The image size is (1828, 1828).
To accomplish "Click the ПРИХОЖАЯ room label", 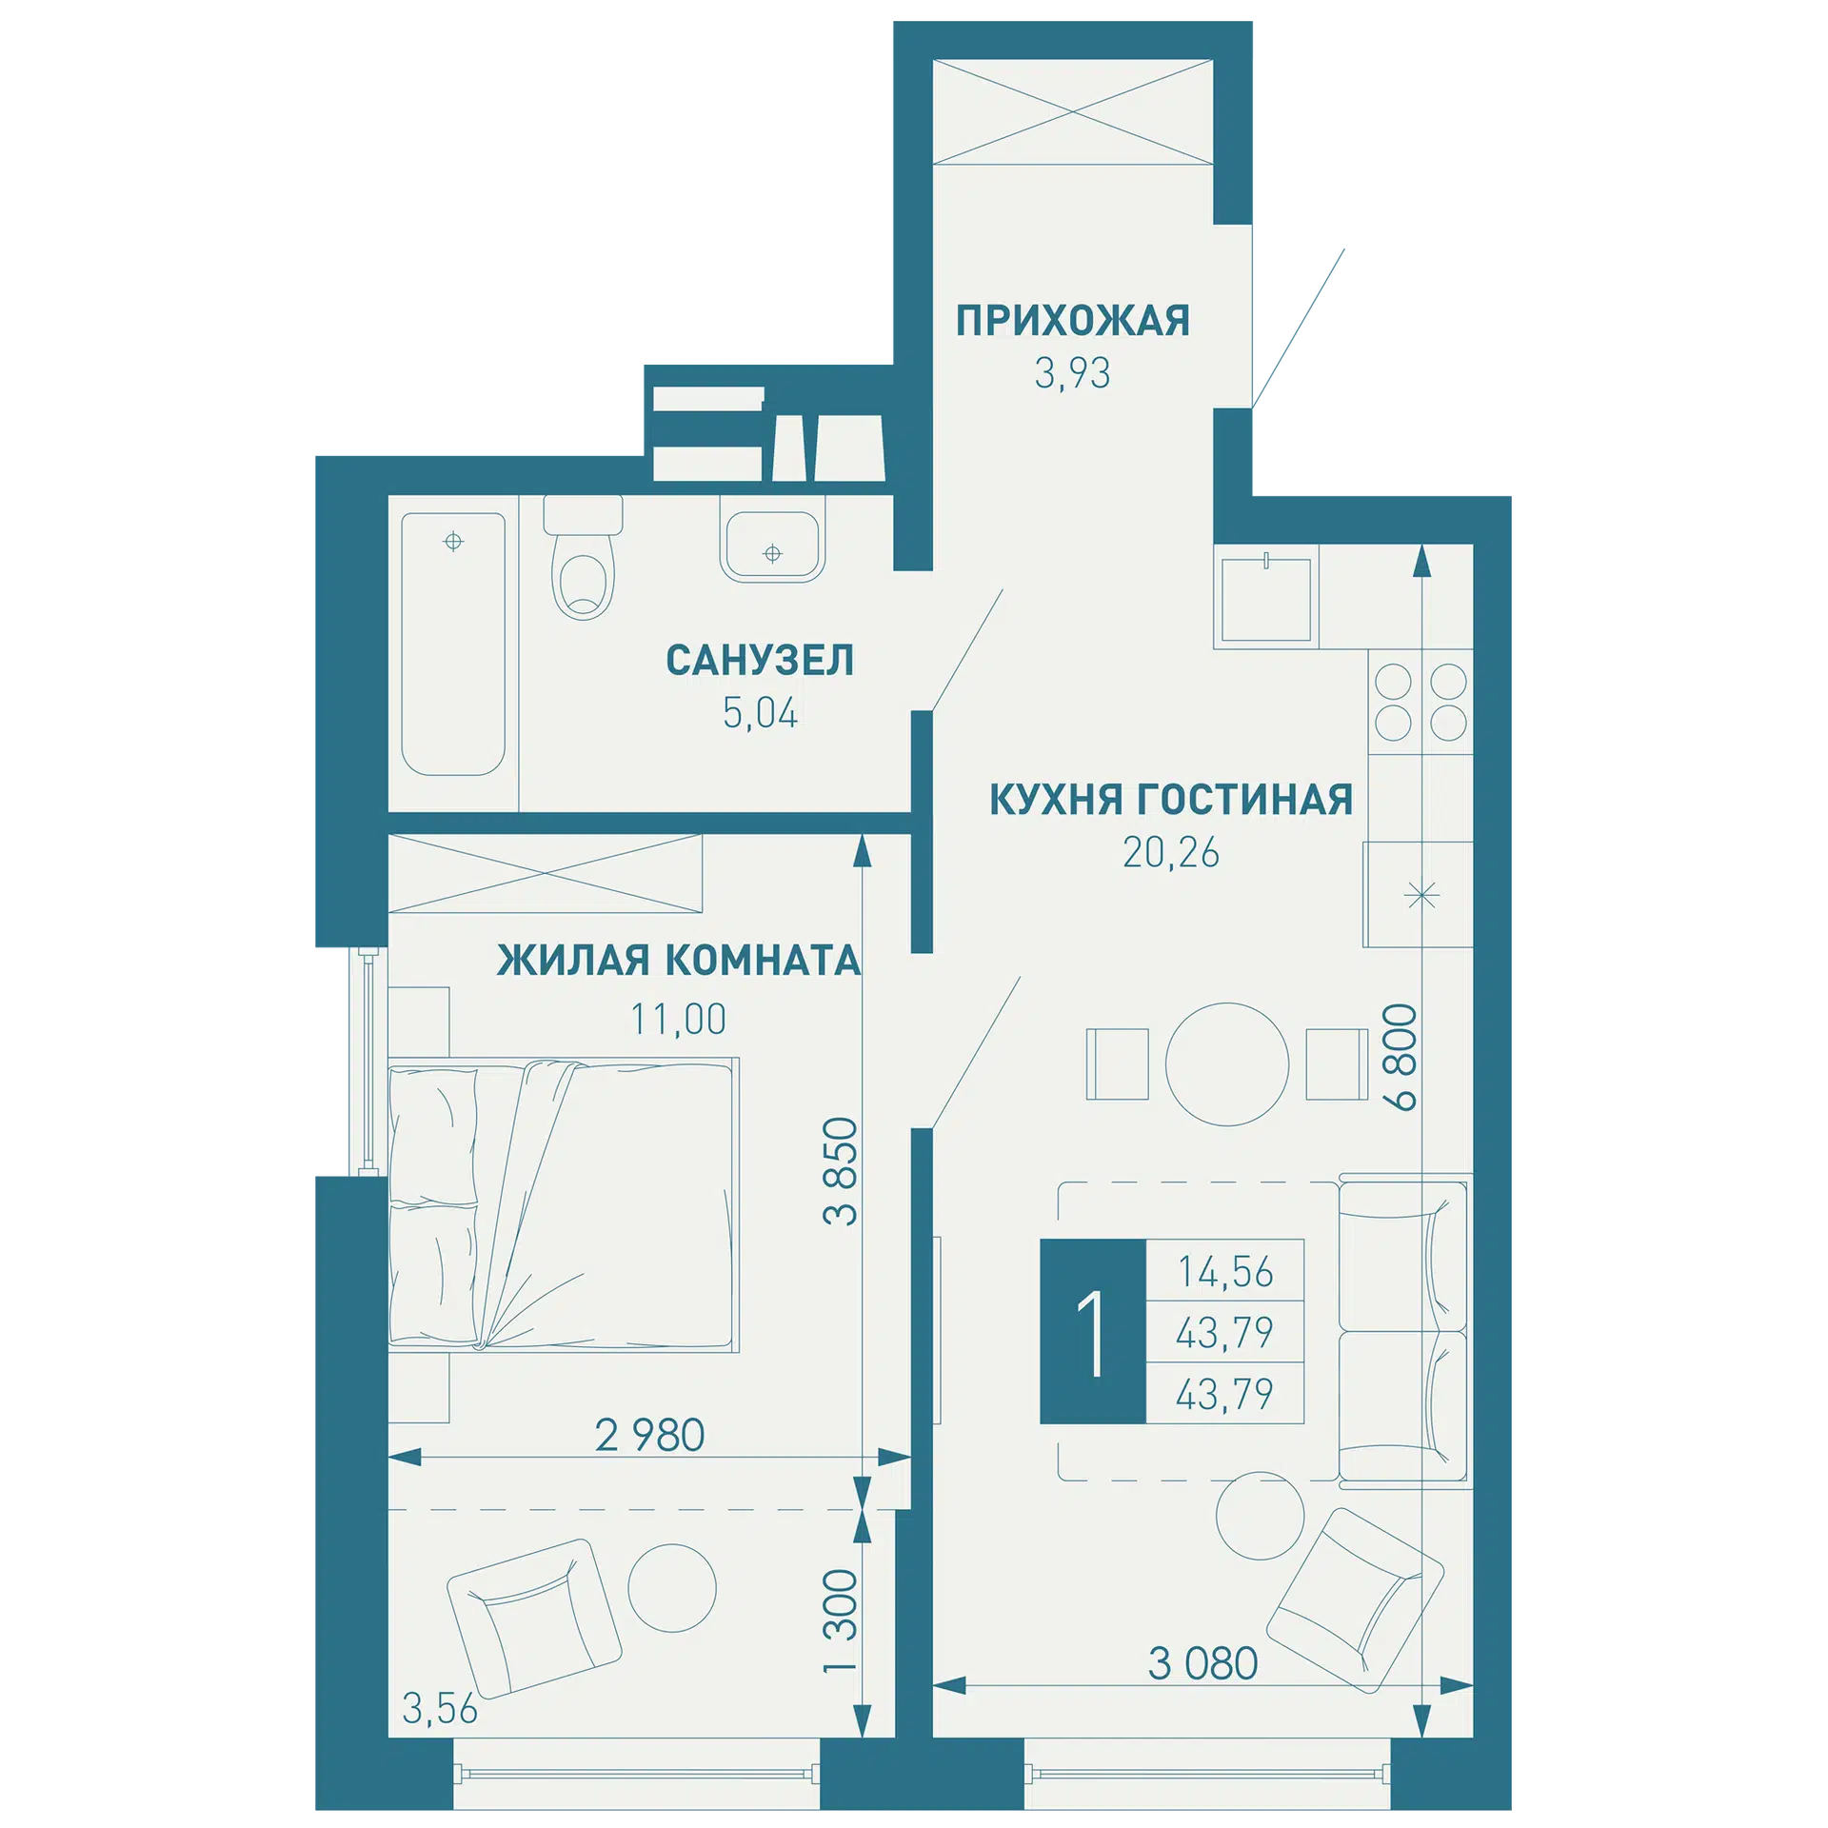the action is tap(1072, 321).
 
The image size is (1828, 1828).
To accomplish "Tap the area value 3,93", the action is tap(1072, 373).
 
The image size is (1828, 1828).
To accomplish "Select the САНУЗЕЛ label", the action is tap(759, 660).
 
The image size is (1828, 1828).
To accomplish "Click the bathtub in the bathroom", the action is tap(453, 645).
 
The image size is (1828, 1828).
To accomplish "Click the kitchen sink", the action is tap(1266, 599).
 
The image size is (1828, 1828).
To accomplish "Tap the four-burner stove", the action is tap(1421, 702).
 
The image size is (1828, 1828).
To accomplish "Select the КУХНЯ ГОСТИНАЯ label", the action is tap(1170, 800).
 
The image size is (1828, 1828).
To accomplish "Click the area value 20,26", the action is tap(1170, 853).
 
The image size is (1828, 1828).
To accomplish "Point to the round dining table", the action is tap(1226, 1064).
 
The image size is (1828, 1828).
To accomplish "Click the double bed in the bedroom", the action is tap(564, 1204).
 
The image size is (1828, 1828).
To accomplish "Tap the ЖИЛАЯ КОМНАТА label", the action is tap(679, 960).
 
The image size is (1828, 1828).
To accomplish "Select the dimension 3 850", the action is tap(841, 1171).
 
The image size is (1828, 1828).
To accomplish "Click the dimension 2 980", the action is tap(649, 1435).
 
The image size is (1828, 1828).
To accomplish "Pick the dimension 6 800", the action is tap(1400, 1057).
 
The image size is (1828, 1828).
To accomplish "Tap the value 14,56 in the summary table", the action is tap(1225, 1272).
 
